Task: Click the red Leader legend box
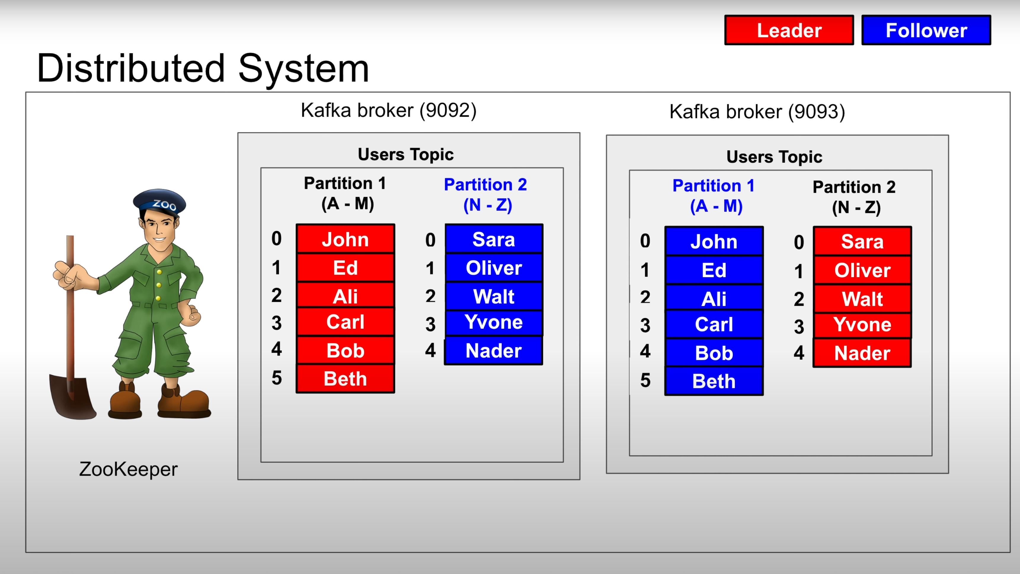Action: coord(789,30)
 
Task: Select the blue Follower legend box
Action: coord(926,30)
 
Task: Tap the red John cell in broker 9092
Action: coord(345,239)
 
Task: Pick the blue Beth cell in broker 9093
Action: coord(714,381)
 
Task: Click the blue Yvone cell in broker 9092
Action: coord(494,322)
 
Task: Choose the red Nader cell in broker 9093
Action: coord(862,353)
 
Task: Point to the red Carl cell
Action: coord(345,322)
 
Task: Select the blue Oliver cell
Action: coord(494,268)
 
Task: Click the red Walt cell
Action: coord(862,299)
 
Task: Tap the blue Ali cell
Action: coord(714,299)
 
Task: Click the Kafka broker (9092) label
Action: coord(389,110)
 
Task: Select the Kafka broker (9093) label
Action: coord(757,112)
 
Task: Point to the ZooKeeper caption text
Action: coord(128,469)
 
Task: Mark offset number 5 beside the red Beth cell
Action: coord(277,378)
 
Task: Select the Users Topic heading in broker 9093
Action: coord(774,157)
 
